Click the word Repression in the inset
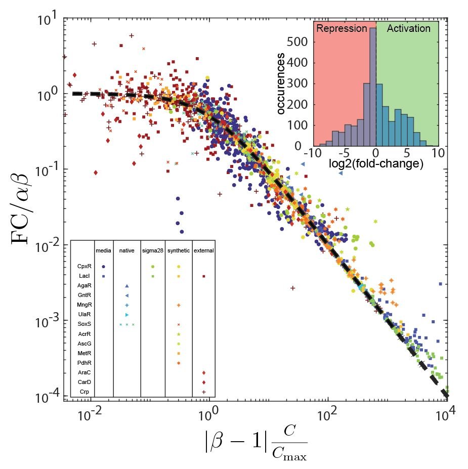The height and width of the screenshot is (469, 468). [342, 29]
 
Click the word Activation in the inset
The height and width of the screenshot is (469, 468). [408, 29]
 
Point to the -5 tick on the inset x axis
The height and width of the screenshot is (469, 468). [344, 153]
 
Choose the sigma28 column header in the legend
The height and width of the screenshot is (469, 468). [153, 250]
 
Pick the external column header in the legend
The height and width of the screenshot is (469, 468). [203, 250]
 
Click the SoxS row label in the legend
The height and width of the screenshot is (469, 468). [84, 324]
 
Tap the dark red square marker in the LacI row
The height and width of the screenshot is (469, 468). [203, 276]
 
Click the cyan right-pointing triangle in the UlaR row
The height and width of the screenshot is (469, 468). [127, 315]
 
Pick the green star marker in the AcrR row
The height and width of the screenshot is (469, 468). [179, 334]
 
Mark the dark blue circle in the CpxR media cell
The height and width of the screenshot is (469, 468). [103, 266]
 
